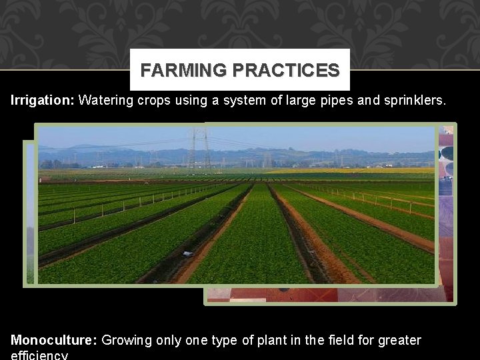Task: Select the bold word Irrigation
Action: (x=42, y=101)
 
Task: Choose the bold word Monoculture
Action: (x=53, y=341)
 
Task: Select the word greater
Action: (x=399, y=341)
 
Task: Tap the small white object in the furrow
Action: (x=188, y=254)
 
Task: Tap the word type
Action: (x=223, y=341)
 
